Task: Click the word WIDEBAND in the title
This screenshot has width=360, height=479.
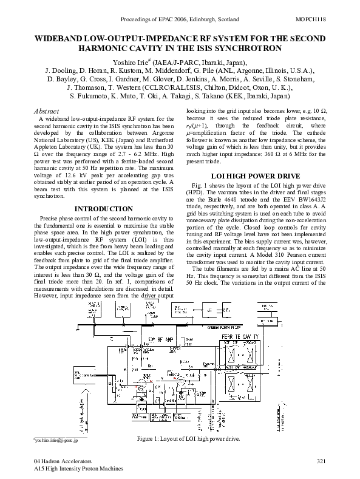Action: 60,38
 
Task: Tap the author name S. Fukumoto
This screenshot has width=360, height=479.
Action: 90,96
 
